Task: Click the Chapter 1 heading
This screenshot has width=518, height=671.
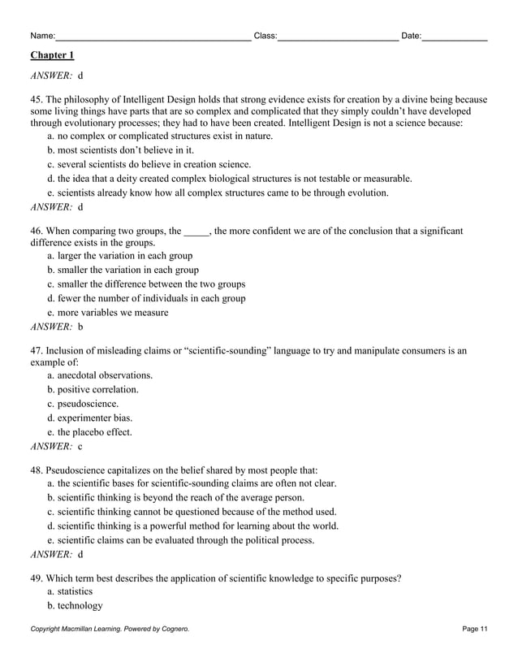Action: pos(52,55)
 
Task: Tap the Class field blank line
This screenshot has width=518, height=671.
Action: pos(337,37)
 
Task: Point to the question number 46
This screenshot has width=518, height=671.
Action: pos(37,232)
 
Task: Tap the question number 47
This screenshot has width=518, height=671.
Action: pos(37,351)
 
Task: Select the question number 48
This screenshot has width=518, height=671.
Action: pos(37,470)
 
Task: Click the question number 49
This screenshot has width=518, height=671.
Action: pos(37,578)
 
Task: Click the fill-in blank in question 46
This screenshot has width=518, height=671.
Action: pos(196,232)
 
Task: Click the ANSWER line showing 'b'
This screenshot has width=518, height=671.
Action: pos(57,327)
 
